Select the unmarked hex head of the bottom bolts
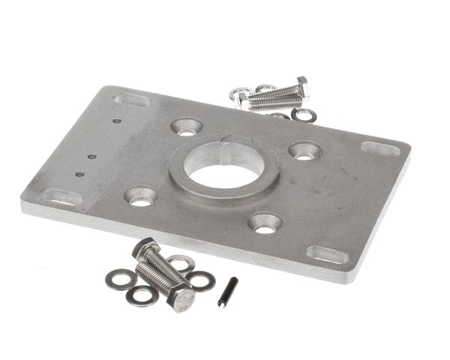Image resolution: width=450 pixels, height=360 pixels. coord(145,250)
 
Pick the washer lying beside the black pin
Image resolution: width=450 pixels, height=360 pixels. coord(201,280)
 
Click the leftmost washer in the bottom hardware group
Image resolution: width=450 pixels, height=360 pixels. coord(118,280)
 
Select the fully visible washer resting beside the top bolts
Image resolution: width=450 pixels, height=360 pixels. coord(304,115)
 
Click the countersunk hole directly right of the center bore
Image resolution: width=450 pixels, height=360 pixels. coord(304,151)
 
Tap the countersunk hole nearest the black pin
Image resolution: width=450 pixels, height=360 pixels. coord(265,222)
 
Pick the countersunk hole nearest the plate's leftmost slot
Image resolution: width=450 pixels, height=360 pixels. coord(141,196)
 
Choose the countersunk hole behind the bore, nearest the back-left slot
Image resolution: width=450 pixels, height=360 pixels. coord(186,127)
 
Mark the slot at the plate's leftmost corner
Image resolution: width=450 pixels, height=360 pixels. coord(63,197)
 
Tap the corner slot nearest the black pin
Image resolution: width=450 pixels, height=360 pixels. coord(327,254)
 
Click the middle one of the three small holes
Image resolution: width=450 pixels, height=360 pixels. coord(91,157)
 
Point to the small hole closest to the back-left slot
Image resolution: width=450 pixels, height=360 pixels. coord(116,120)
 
